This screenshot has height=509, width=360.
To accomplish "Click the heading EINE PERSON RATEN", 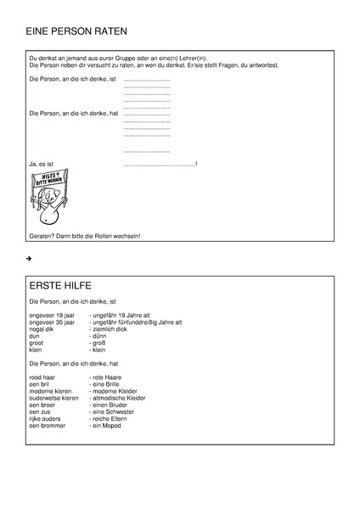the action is [76, 32].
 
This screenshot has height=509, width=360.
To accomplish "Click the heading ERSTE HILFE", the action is [60, 286].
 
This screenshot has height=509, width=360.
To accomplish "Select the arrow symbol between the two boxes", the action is [29, 257].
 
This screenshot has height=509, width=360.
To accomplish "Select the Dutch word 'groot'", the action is [37, 342].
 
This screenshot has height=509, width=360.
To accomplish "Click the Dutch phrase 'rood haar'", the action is [43, 377].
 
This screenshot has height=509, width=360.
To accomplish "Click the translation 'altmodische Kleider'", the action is [121, 397].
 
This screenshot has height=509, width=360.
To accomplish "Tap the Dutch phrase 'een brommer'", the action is [48, 424].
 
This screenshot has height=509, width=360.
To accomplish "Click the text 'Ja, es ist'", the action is [42, 162].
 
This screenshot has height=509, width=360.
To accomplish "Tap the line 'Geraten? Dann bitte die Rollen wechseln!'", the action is [84, 235].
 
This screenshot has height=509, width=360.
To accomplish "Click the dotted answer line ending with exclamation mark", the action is [160, 162].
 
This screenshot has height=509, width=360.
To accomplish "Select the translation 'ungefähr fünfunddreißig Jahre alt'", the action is [136, 322].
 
